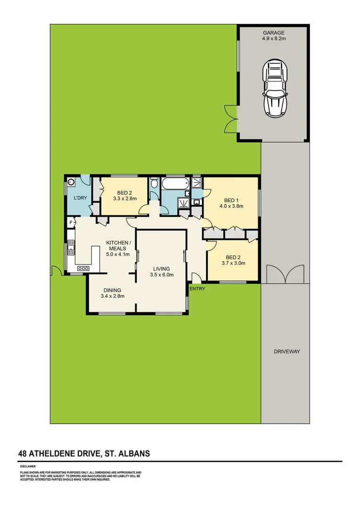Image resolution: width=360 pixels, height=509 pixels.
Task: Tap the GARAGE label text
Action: [274, 33]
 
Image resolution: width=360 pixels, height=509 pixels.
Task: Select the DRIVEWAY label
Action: [286, 352]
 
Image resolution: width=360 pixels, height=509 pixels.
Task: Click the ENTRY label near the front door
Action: [197, 288]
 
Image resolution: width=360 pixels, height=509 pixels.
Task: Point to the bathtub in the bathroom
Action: [174, 184]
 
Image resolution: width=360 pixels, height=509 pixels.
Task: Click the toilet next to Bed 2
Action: [154, 184]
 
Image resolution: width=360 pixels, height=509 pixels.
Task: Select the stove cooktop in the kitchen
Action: [83, 268]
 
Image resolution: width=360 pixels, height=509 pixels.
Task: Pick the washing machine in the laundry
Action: [72, 181]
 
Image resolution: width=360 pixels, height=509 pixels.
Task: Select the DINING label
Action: [111, 290]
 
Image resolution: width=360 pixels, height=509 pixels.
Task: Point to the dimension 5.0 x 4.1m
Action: [117, 254]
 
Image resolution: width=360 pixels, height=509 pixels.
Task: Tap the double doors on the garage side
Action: [230, 118]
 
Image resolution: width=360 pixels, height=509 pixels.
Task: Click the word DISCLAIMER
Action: [28, 466]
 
